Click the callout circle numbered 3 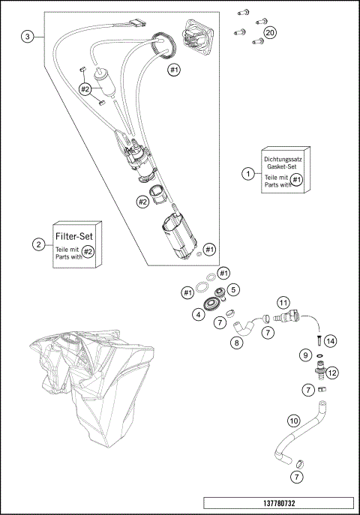pyautogui.click(x=28, y=37)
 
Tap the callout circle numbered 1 pyautogui.click(x=247, y=174)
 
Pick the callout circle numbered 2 pyautogui.click(x=37, y=244)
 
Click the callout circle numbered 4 pyautogui.click(x=198, y=315)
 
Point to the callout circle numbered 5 pyautogui.click(x=233, y=289)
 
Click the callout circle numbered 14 pyautogui.click(x=330, y=340)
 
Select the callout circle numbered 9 pyautogui.click(x=306, y=354)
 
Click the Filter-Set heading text pyautogui.click(x=75, y=236)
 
